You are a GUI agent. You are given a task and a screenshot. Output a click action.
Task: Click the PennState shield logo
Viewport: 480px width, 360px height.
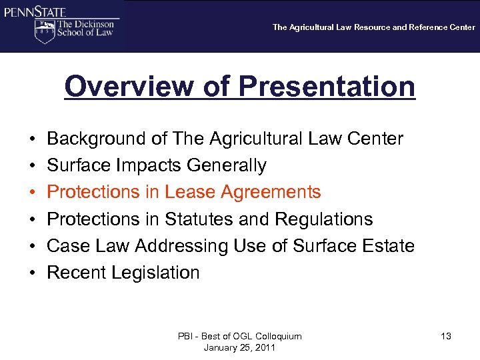point(44,31)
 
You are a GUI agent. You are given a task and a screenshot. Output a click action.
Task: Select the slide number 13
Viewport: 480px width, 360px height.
point(446,337)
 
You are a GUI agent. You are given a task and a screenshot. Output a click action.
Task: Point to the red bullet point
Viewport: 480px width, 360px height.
point(33,193)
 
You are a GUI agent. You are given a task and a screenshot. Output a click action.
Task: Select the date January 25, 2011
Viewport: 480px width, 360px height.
point(239,347)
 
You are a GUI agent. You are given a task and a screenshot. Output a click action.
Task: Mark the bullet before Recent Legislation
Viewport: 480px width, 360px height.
point(33,273)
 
